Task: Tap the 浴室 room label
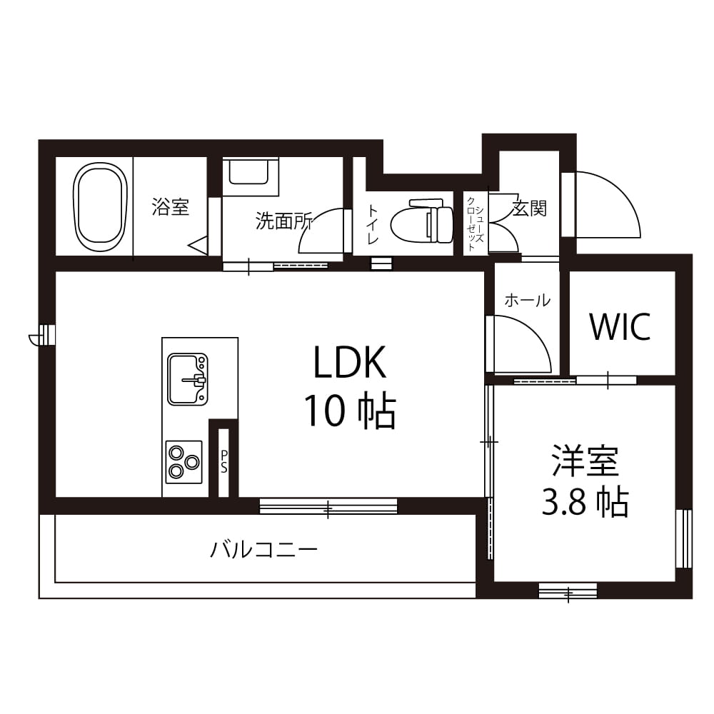coord(171,207)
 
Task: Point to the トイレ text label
coord(373,224)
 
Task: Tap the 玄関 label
coord(528,208)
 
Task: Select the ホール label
coord(528,301)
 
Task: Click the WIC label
coord(620,326)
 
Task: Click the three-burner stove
coord(184,462)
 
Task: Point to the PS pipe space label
coord(223,462)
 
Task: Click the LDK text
coord(350,362)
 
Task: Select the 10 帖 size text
coord(350,411)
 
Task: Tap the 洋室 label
coord(585,460)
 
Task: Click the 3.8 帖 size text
coord(585,501)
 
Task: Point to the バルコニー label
coord(263,550)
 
